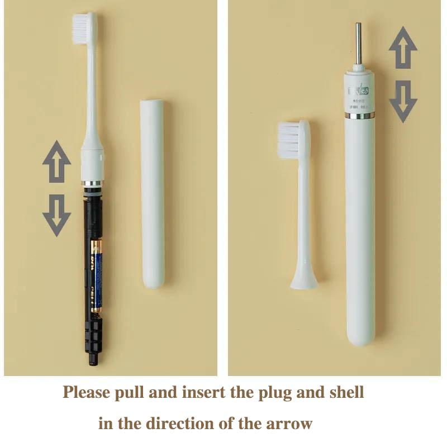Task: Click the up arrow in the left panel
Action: (x=56, y=161)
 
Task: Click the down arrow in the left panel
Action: (x=56, y=215)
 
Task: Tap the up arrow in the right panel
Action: (x=403, y=47)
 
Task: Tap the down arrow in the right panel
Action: (x=403, y=101)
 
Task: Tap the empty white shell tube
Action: (x=152, y=193)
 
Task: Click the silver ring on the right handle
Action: (x=360, y=116)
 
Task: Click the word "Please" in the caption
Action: (x=86, y=392)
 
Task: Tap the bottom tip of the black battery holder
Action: (x=93, y=361)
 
